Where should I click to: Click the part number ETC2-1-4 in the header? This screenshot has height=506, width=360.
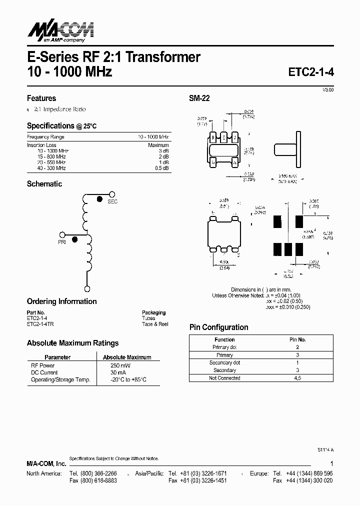pyautogui.click(x=311, y=71)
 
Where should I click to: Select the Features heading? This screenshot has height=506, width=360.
pyautogui.click(x=41, y=98)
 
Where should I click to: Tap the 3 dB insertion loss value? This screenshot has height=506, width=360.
pyautogui.click(x=163, y=150)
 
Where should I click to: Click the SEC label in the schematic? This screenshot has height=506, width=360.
pyautogui.click(x=112, y=201)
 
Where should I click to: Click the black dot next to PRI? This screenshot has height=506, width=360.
pyautogui.click(x=74, y=239)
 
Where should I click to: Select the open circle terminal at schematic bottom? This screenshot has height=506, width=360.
pyautogui.click(x=87, y=289)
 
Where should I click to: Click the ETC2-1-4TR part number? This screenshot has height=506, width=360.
pyautogui.click(x=40, y=324)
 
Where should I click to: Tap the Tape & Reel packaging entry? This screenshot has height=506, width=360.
pyautogui.click(x=155, y=324)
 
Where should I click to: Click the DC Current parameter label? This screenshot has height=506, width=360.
pyautogui.click(x=44, y=372)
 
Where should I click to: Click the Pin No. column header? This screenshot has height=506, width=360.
pyautogui.click(x=297, y=339)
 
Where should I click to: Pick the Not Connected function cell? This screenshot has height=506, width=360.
pyautogui.click(x=224, y=378)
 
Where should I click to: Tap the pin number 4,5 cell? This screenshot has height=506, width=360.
pyautogui.click(x=297, y=378)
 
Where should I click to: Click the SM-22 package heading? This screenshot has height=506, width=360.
pyautogui.click(x=199, y=98)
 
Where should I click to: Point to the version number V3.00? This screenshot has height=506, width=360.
pyautogui.click(x=327, y=89)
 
